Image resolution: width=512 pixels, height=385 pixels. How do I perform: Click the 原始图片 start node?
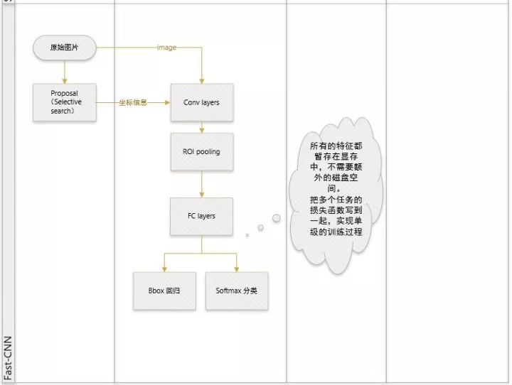coord(64,48)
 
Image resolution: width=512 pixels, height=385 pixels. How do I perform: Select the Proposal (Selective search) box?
coord(64,102)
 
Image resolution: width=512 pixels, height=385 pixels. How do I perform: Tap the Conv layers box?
coord(201,102)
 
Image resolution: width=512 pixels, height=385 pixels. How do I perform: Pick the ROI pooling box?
coord(201,151)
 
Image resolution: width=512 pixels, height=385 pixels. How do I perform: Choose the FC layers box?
coord(201,216)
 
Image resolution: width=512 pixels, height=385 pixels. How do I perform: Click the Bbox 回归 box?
coord(165,291)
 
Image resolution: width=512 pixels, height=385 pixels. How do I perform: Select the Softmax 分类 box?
coord(237,291)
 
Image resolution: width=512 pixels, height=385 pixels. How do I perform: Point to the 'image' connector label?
coord(166,48)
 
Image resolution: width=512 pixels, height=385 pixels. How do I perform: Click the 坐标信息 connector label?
coord(133,102)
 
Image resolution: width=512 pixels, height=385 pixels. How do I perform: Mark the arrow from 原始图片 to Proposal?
coord(64,71)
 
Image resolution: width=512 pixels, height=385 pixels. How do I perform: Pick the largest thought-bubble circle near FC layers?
coord(276,218)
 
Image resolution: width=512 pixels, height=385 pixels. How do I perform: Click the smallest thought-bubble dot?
coord(247,235)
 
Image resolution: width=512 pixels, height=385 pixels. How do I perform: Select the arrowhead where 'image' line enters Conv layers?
coord(202,80)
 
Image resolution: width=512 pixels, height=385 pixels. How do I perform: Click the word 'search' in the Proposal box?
coord(62,111)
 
